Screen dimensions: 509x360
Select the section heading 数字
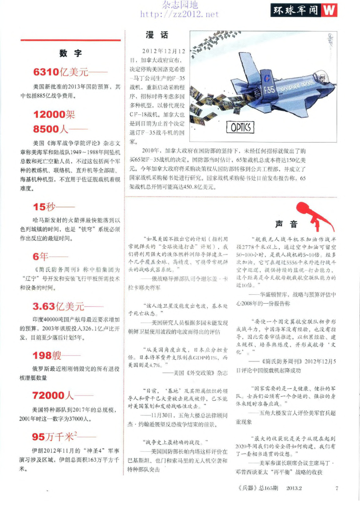pyautogui.click(x=70, y=53)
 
